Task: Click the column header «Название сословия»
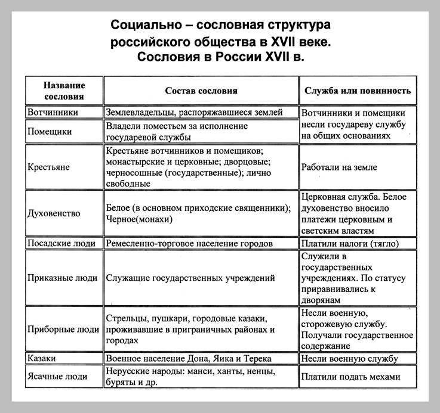64,91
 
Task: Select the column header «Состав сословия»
201,91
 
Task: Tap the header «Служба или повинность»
358,91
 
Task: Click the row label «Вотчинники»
53,112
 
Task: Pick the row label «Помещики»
50,131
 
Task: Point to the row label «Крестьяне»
50,167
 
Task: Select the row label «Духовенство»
54,213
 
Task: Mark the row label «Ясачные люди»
58,377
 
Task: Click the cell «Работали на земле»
339,167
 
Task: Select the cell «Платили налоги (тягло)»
349,243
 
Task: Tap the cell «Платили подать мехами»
350,377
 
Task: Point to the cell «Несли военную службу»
349,358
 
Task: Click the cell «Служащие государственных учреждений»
190,277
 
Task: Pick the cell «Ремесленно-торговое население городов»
189,243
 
